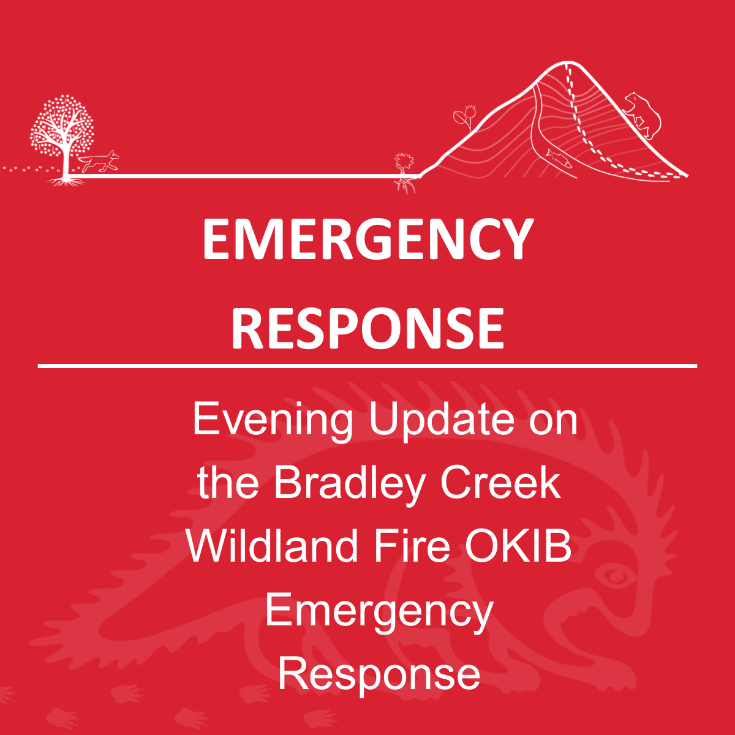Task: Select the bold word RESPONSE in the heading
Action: pos(367,328)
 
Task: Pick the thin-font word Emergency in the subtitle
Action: pos(379,612)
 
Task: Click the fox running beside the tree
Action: pos(99,162)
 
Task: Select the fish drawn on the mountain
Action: pos(559,158)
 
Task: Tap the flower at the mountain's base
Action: pos(404,173)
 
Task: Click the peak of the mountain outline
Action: pos(568,62)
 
